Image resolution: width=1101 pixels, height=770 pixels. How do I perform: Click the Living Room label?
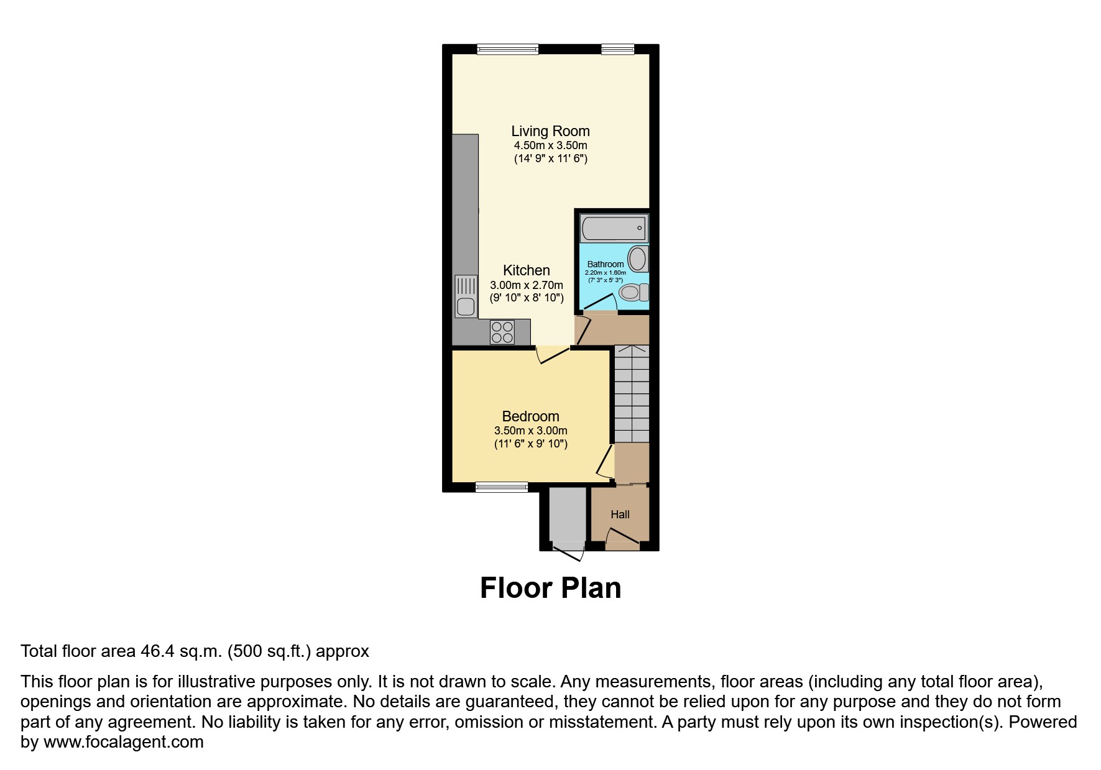pos(550,131)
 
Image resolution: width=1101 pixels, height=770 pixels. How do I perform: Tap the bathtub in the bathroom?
pos(614,228)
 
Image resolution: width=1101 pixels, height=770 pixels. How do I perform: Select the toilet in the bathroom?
pos(635,292)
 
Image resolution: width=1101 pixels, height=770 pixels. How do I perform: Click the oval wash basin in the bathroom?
pos(638,259)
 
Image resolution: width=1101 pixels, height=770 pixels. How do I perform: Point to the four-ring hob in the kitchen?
pos(502,332)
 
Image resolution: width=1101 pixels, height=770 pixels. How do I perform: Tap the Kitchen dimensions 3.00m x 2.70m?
pos(527,285)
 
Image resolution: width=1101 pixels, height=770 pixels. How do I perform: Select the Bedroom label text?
pos(530,416)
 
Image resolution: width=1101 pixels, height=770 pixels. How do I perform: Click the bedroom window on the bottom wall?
pos(502,487)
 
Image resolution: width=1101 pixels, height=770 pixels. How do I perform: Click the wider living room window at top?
pos(507,49)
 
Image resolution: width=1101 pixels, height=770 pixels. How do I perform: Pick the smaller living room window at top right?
pos(617,49)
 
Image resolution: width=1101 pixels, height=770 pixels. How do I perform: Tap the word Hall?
pos(620,515)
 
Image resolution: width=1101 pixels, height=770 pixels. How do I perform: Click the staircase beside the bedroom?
pos(632,393)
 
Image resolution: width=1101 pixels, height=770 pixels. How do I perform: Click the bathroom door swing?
pos(599,303)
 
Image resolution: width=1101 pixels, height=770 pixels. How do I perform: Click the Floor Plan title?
pos(550,588)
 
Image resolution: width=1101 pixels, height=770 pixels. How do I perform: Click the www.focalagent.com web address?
pos(123,742)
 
